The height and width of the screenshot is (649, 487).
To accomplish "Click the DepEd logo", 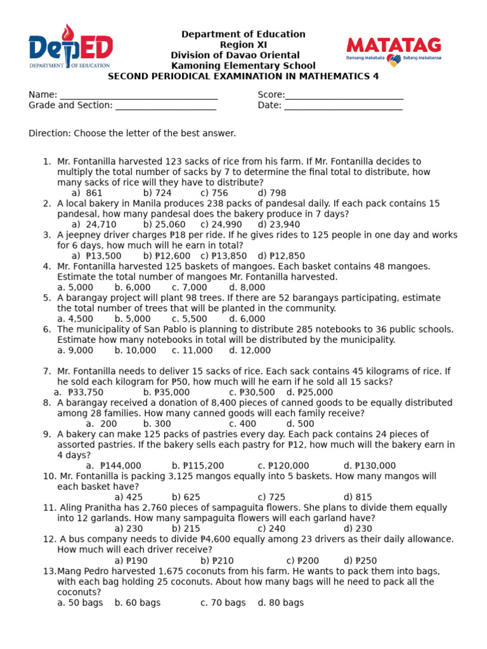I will pyautogui.click(x=70, y=46).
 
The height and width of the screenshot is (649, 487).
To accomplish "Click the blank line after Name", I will pyautogui.click(x=138, y=96).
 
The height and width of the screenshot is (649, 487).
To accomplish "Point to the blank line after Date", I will pyautogui.click(x=343, y=106).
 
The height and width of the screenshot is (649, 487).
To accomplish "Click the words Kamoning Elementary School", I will pyautogui.click(x=243, y=66).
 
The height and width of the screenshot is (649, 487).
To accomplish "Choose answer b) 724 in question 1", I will pyautogui.click(x=157, y=193).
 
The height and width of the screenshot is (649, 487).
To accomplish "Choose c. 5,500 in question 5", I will pyautogui.click(x=190, y=319).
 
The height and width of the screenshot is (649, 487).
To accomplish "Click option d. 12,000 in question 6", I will pyautogui.click(x=250, y=350).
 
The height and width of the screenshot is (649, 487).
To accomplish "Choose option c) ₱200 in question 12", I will pyautogui.click(x=302, y=561).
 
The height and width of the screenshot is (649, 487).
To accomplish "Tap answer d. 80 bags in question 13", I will pyautogui.click(x=281, y=603).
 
